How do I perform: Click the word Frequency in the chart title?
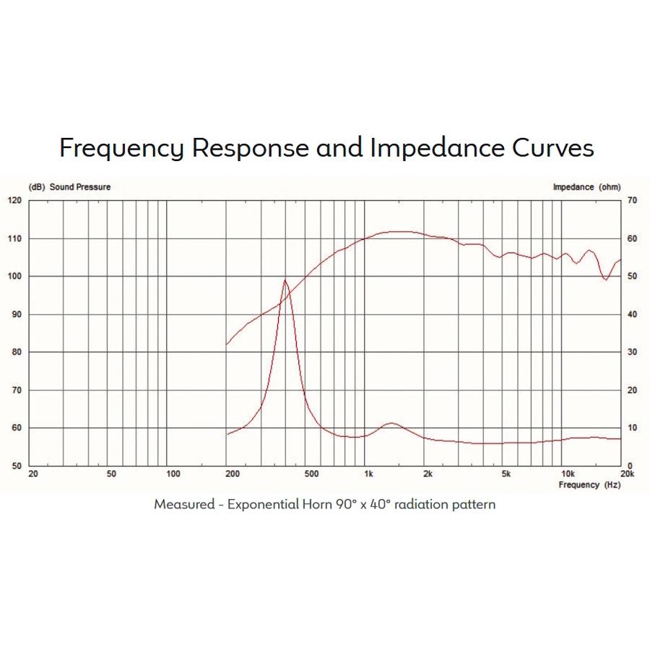pos(121,148)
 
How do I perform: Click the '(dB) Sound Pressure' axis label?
pos(69,187)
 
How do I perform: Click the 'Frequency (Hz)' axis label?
pos(589,485)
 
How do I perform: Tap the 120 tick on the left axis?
pos(15,200)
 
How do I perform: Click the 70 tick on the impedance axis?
pos(633,200)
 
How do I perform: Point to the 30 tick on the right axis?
pos(633,352)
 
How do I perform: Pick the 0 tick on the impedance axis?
pos(630,466)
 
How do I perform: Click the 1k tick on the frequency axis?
pos(368,474)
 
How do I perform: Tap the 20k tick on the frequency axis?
pos(627,474)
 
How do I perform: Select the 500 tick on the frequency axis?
pos(311,474)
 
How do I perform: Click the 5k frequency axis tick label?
pos(507,474)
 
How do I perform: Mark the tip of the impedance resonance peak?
pos(285,280)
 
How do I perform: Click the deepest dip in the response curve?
pos(606,279)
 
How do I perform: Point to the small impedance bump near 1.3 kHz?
pos(391,423)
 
